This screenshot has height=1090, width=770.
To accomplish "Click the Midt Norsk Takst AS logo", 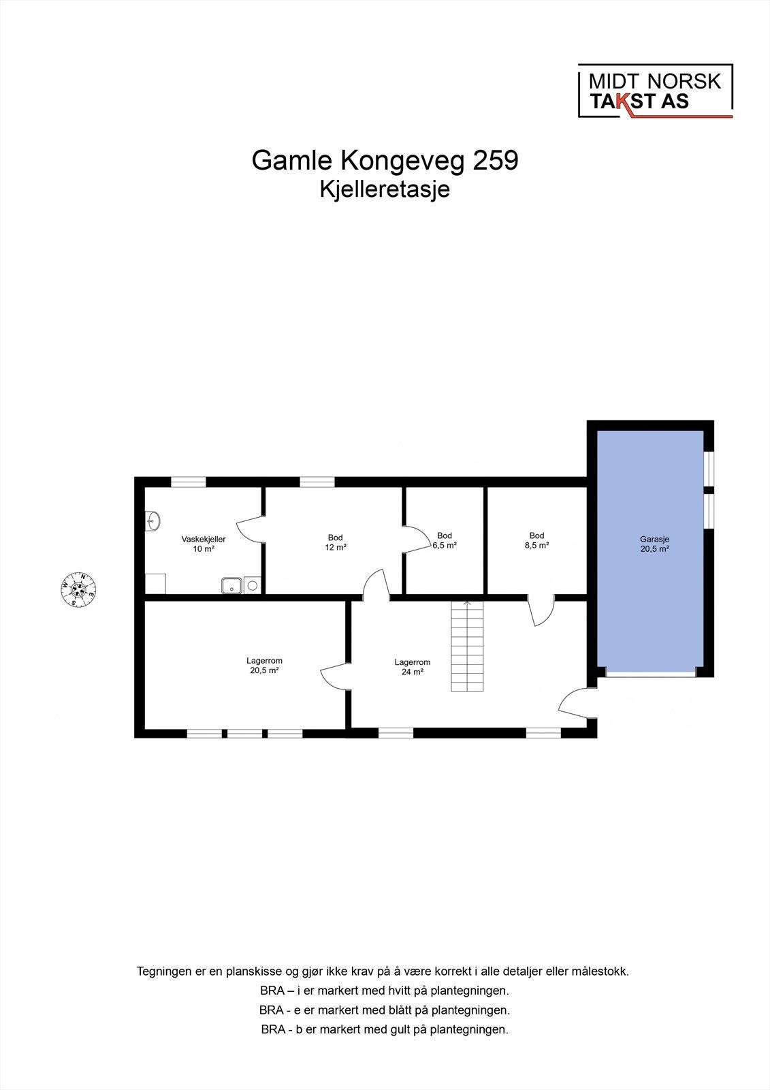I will pyautogui.click(x=655, y=91).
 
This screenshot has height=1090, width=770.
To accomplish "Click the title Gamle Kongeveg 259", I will pyautogui.click(x=385, y=161).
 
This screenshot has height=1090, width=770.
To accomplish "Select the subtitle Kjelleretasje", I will pyautogui.click(x=385, y=189).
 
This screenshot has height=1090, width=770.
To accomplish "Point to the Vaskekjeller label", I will pyautogui.click(x=203, y=539).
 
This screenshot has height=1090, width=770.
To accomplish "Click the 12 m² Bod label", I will pyautogui.click(x=335, y=542).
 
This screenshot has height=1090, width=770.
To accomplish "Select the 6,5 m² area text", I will pyautogui.click(x=445, y=546).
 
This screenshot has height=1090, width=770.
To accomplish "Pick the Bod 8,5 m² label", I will pyautogui.click(x=536, y=540).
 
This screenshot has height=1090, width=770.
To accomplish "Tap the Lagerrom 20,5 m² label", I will pyautogui.click(x=264, y=665).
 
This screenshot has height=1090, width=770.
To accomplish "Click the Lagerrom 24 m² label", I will pyautogui.click(x=413, y=666).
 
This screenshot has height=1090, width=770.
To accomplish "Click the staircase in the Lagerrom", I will pyautogui.click(x=467, y=647).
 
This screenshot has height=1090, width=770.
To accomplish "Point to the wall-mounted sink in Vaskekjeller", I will pyautogui.click(x=153, y=520).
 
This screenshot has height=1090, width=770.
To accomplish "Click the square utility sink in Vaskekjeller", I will pyautogui.click(x=232, y=585).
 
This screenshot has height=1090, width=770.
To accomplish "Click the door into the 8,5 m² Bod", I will pyautogui.click(x=543, y=610).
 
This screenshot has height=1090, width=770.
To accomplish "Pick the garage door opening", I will pyautogui.click(x=651, y=674).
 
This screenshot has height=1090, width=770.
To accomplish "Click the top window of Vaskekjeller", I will pyautogui.click(x=188, y=482).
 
